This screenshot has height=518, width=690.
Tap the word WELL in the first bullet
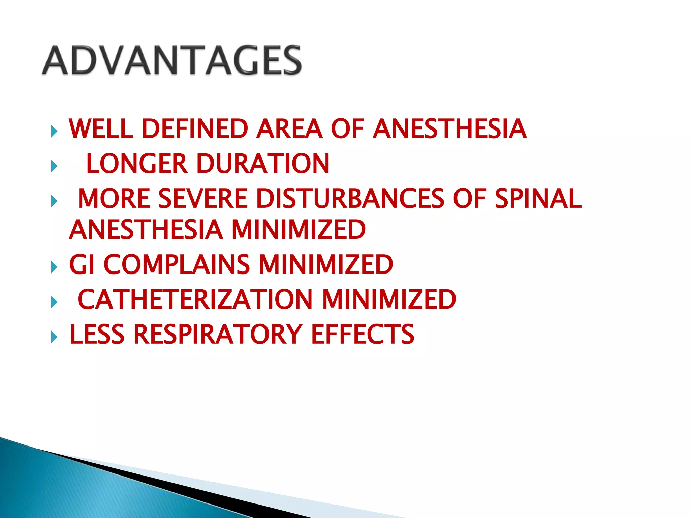click(101, 129)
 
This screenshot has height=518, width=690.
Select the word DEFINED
click(195, 129)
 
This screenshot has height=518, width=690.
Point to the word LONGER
click(136, 164)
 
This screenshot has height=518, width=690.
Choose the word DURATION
click(263, 164)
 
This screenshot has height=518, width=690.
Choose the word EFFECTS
click(363, 335)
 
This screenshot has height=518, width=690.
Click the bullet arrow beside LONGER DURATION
click(54, 166)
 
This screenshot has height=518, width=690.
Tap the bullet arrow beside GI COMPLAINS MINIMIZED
click(54, 267)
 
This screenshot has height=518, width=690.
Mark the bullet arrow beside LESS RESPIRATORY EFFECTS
click(54, 337)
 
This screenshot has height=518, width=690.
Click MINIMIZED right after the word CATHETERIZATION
click(389, 299)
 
